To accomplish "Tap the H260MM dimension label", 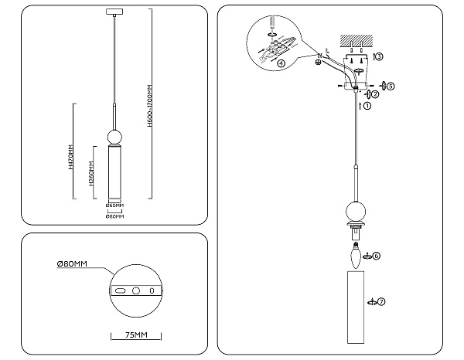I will pyautogui.click(x=91, y=175).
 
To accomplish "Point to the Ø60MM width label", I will pyautogui.click(x=114, y=205).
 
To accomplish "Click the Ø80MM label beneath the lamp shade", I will pyautogui.click(x=114, y=216).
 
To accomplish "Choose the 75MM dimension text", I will pyautogui.click(x=135, y=335).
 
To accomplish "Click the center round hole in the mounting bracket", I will pyautogui.click(x=136, y=290).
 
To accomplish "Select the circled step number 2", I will pyautogui.click(x=375, y=94).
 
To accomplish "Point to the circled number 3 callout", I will pyautogui.click(x=377, y=56).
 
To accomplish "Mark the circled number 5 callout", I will pyautogui.click(x=391, y=87).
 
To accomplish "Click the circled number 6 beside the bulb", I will pyautogui.click(x=377, y=255).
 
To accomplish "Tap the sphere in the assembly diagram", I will pyautogui.click(x=355, y=211).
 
